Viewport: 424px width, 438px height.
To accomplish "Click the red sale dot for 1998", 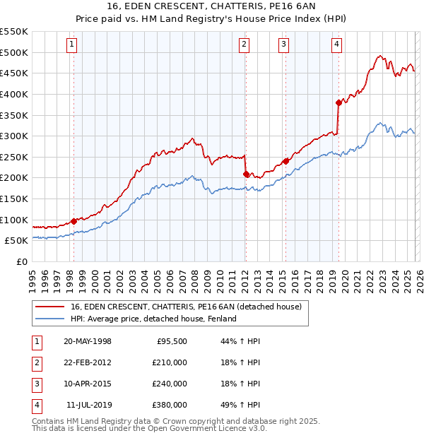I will point(74,221).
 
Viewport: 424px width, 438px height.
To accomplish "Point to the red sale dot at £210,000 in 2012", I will point(245,174).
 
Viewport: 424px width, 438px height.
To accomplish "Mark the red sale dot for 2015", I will point(285,161).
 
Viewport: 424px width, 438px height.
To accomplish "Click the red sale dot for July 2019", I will point(338,102).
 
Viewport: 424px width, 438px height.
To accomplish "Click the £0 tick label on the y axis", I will point(21,261).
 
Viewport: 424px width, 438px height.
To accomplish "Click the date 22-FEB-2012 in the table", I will point(87,362).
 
